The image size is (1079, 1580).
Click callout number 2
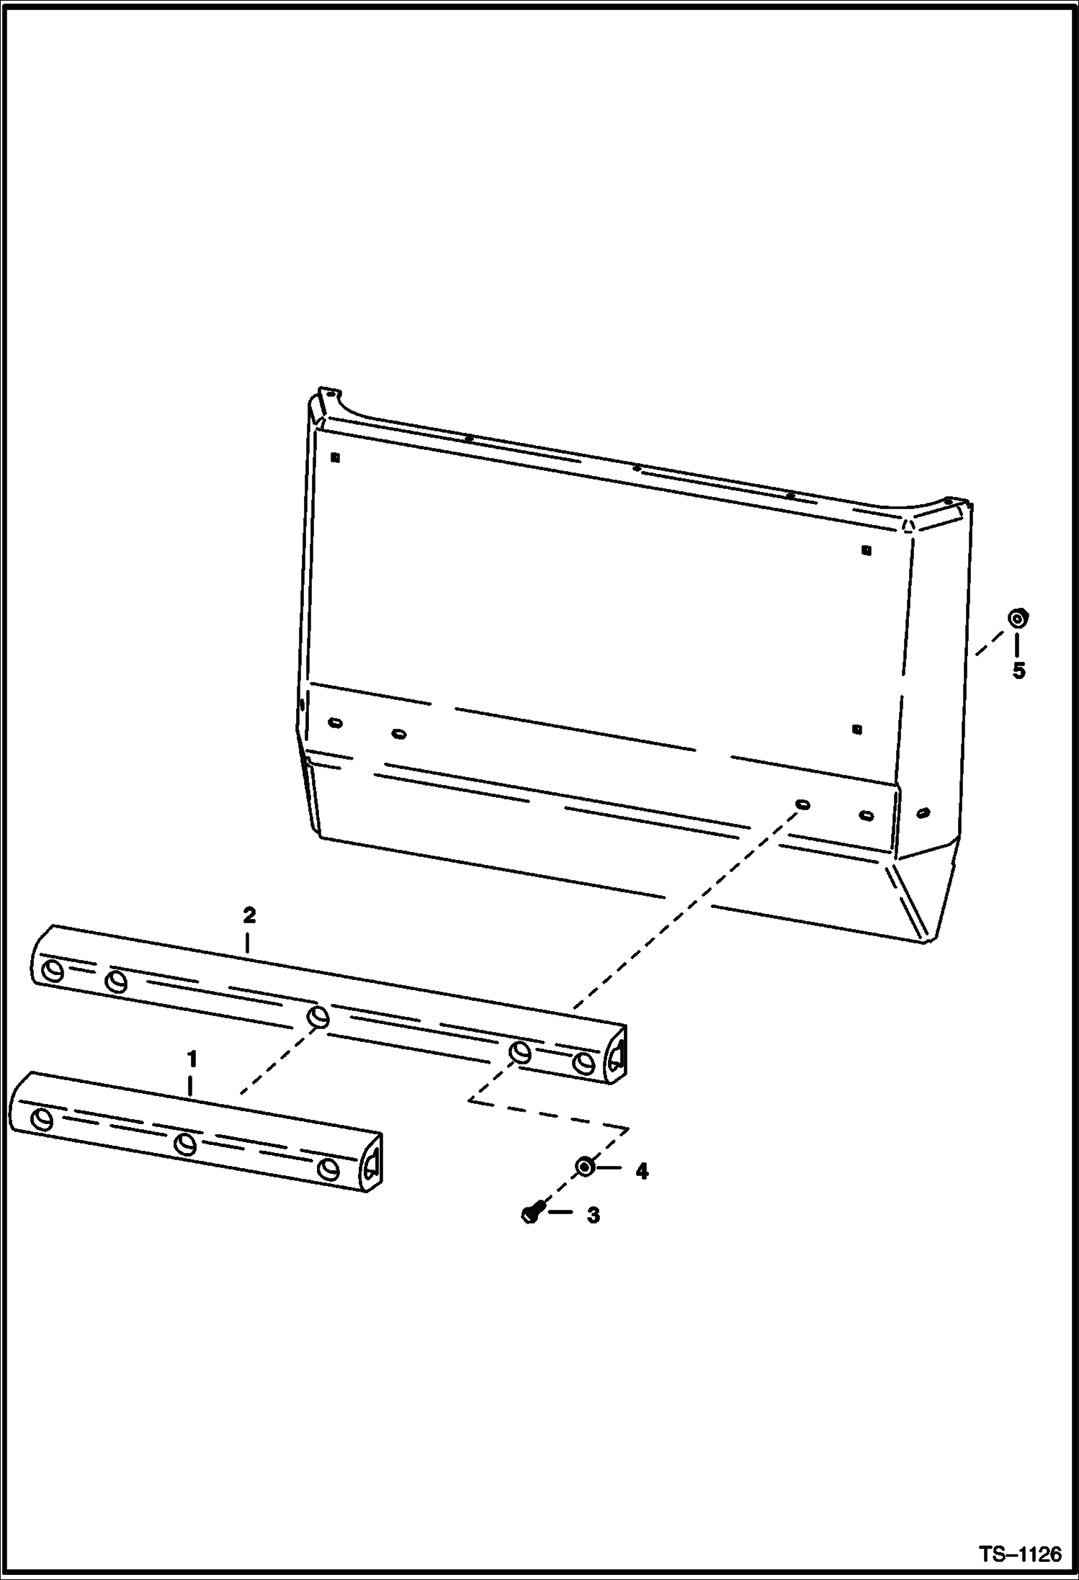click(249, 915)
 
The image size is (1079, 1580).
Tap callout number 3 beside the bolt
click(593, 1216)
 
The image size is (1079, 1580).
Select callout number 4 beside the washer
click(641, 1172)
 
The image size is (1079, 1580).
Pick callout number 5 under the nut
click(1018, 670)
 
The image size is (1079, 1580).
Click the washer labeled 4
click(584, 1166)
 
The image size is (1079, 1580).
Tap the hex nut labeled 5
click(1017, 618)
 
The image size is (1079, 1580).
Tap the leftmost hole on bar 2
click(53, 971)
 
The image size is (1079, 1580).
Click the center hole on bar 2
click(318, 1018)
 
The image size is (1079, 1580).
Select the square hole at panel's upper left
click(335, 457)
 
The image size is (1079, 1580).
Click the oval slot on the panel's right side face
click(923, 813)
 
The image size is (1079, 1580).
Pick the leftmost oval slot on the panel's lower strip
click(335, 722)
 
